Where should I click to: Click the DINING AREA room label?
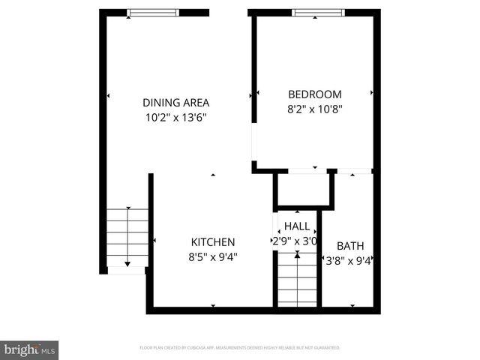point(176,103)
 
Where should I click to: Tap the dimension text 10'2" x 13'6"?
point(176,117)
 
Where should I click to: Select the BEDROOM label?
point(315,94)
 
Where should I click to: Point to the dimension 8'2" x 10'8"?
point(315,109)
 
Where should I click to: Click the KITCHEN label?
point(213,242)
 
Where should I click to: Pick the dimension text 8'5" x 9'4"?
point(213,256)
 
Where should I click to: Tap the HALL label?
point(297,226)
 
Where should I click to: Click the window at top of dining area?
point(153,12)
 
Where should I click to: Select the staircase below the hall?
point(297,281)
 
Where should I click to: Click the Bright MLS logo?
point(30,349)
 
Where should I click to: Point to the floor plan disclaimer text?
point(240,348)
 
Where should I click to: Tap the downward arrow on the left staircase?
point(127,262)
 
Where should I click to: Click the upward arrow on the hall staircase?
point(298,256)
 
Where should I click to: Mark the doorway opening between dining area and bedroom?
point(253,142)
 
